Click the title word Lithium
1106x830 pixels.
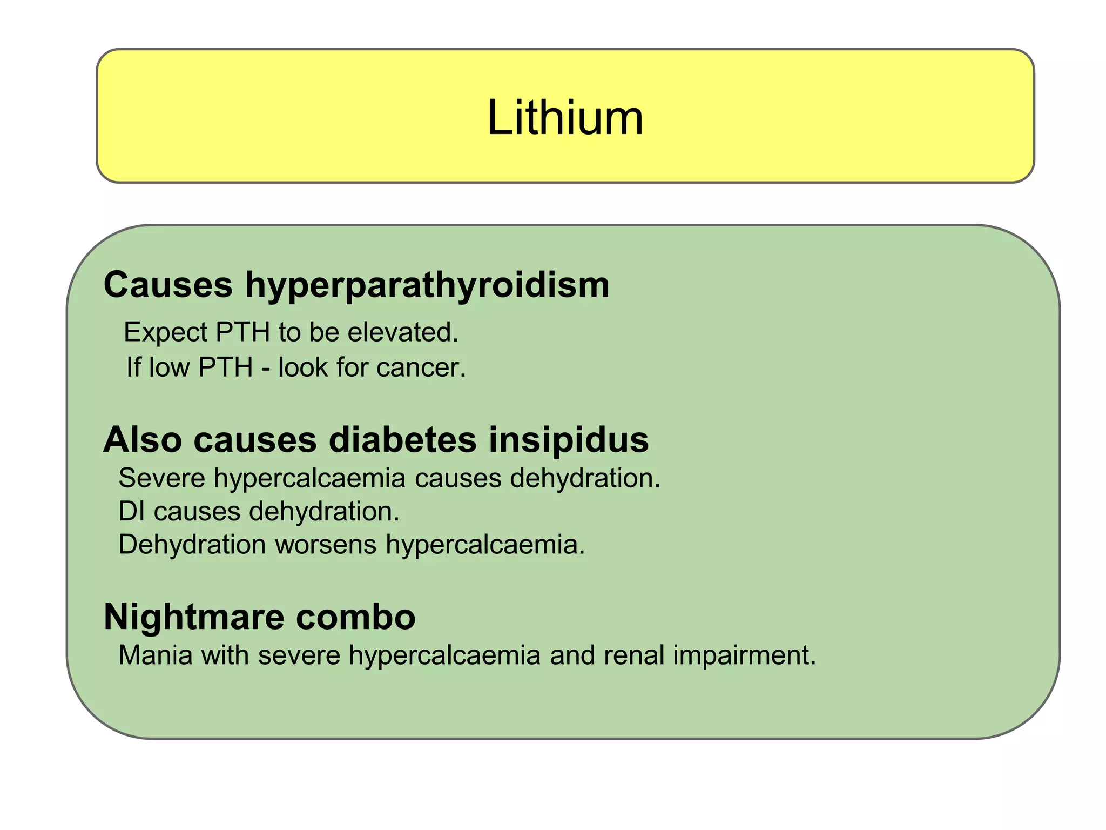point(565,117)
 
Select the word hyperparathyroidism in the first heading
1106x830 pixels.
point(427,285)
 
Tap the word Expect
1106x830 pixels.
point(165,332)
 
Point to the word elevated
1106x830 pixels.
point(402,332)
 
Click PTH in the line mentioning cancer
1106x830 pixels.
point(226,367)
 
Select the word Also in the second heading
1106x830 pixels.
point(142,439)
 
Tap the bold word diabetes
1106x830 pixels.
point(402,439)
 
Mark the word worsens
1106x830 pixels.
point(326,545)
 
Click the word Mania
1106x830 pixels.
point(156,655)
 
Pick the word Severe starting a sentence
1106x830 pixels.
point(161,478)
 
